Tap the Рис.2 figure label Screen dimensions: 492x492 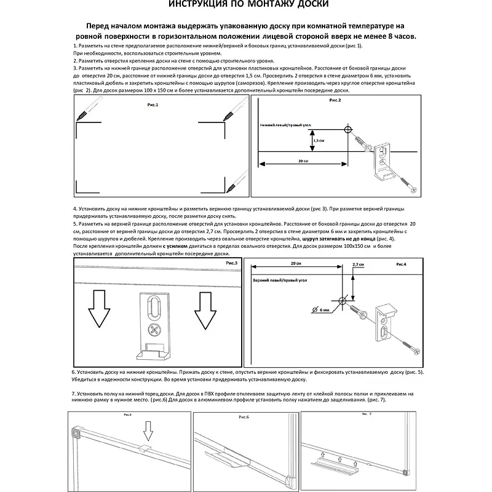[x=335, y=100]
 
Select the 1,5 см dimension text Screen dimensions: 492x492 [x=319, y=141]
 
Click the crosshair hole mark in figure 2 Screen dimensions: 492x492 [x=348, y=130]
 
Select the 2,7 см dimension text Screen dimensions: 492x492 [x=358, y=264]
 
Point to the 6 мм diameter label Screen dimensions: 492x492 [x=325, y=310]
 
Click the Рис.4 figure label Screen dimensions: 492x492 [x=401, y=264]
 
